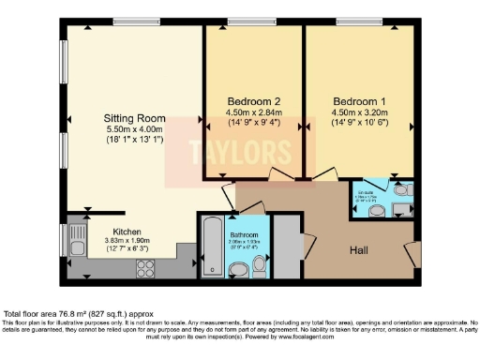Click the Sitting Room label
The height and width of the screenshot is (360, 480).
135,118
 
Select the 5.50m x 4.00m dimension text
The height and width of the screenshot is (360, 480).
135,129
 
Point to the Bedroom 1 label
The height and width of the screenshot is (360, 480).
359,100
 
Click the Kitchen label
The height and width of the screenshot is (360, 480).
127,232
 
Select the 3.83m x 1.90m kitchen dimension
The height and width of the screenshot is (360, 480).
127,242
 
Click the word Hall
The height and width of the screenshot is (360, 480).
359,250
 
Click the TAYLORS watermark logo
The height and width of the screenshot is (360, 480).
228,151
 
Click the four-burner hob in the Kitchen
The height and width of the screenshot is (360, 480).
146,268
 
